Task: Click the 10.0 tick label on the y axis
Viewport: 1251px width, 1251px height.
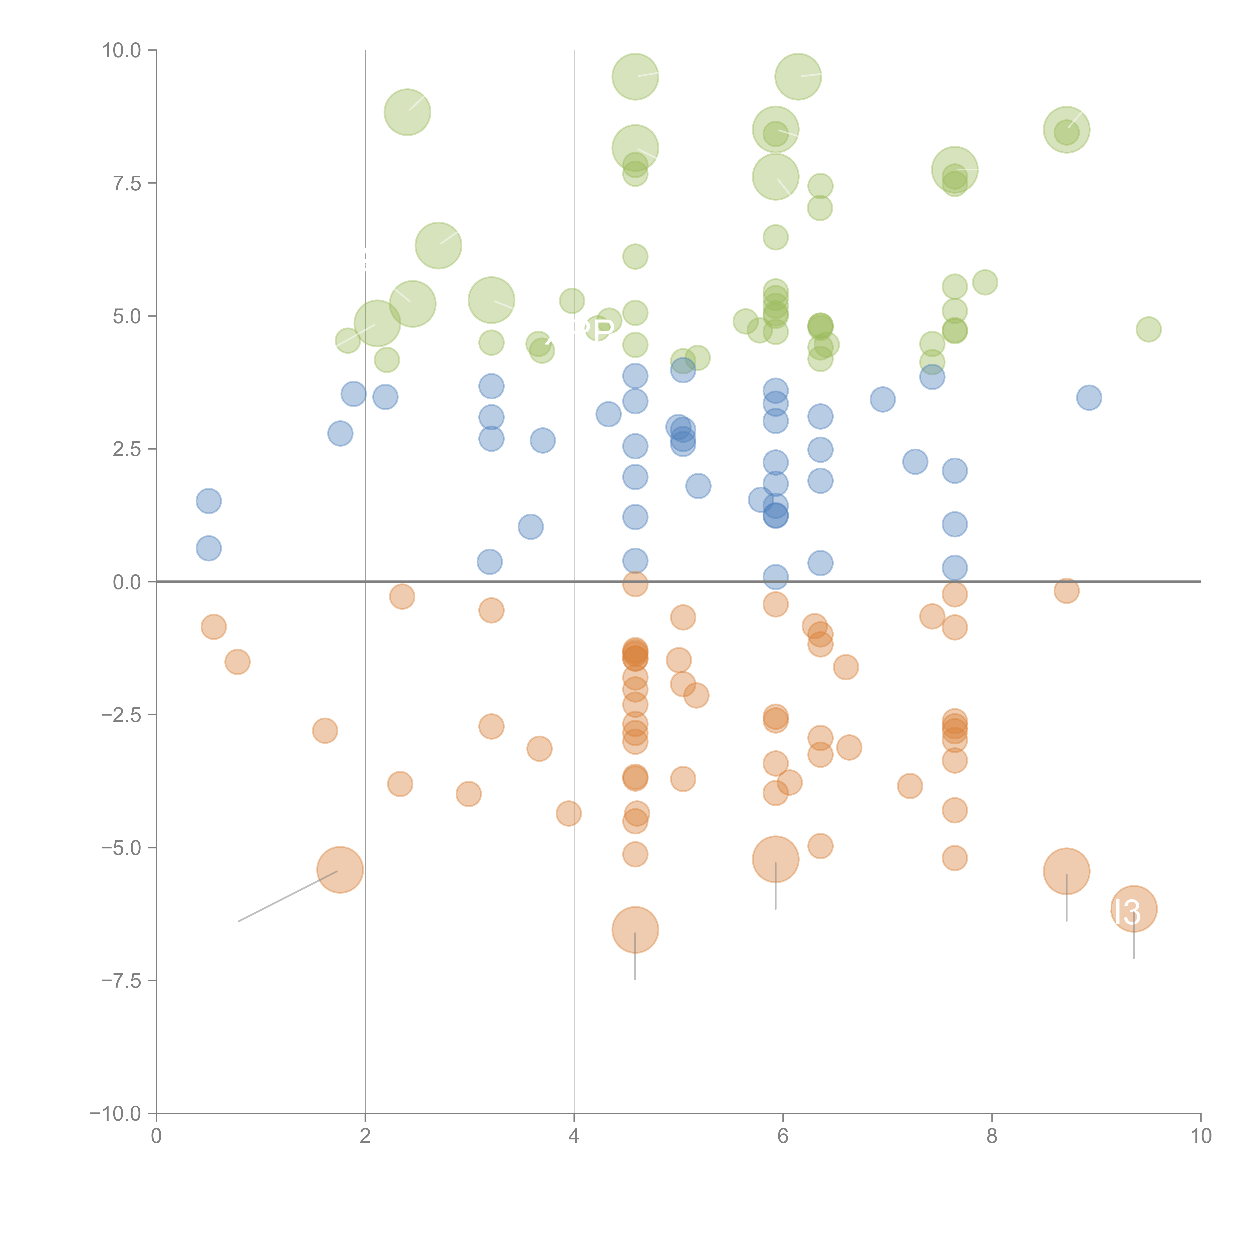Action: tap(122, 51)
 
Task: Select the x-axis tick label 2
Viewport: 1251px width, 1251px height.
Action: tap(365, 1136)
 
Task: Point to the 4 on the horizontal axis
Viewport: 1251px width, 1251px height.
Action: tap(574, 1136)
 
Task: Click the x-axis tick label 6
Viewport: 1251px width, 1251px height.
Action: tap(783, 1136)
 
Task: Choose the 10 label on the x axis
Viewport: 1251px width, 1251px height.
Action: tap(1200, 1136)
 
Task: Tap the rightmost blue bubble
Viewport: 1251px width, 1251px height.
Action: tap(1089, 398)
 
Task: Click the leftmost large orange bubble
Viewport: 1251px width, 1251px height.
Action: tap(340, 870)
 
